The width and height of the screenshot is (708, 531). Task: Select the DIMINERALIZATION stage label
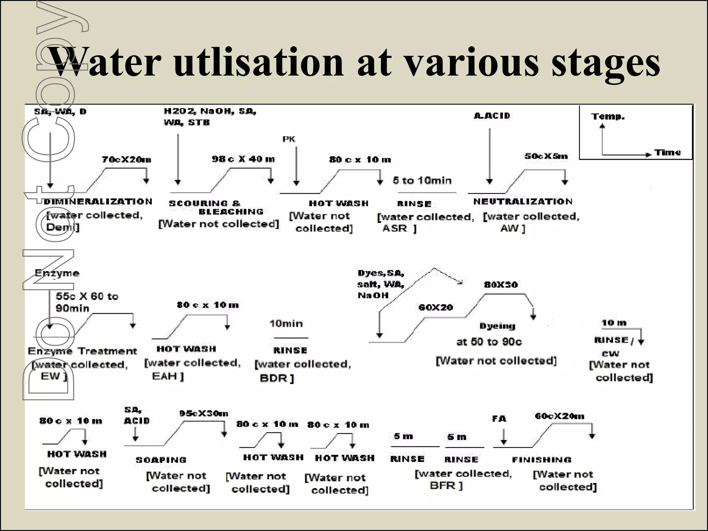coord(98,202)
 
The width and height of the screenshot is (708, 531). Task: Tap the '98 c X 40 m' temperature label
coord(243,159)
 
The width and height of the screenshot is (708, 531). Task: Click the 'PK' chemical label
coord(289,139)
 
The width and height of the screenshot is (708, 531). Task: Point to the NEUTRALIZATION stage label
coord(523,202)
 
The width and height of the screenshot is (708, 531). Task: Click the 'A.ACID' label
coord(492,116)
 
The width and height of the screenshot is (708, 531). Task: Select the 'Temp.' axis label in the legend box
coord(608,117)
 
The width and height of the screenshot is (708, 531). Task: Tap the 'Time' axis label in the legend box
coord(667,152)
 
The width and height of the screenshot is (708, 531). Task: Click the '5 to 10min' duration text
coord(422,180)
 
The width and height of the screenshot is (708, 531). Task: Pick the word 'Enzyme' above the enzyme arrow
coord(57,273)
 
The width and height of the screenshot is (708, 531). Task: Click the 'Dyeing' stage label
coord(497,326)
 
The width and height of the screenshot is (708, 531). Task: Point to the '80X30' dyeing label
coord(501,285)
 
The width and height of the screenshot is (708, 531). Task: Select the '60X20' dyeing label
coord(436,307)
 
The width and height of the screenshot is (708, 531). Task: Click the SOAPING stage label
coord(161,460)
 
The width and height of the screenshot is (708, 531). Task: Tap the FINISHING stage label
coord(542,459)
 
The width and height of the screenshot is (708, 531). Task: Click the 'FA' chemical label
coord(499,419)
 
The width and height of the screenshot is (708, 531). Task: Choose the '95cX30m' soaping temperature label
coord(204,413)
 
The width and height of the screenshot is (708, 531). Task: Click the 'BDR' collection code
coord(273,378)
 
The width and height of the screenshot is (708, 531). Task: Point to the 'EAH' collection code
coord(165,376)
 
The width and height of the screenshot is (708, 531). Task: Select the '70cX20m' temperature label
coord(126,159)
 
